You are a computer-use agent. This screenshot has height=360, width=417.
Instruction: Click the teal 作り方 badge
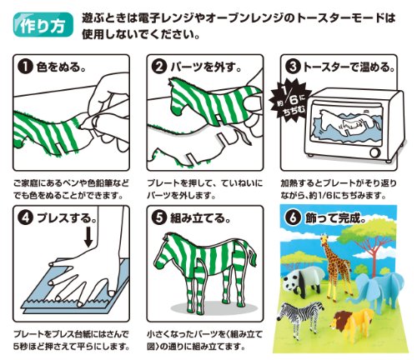coord(43,25)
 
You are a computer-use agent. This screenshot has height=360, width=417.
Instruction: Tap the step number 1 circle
coord(26,67)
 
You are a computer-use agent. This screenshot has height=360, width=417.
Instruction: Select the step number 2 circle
coord(159,67)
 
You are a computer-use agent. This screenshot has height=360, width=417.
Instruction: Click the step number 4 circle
coord(26,218)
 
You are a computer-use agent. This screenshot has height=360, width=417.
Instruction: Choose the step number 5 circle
coord(159,218)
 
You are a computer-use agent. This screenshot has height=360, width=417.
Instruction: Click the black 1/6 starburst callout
coord(289,102)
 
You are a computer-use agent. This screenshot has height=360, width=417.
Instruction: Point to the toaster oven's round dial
coord(374,152)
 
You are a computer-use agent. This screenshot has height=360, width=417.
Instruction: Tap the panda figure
coord(304,280)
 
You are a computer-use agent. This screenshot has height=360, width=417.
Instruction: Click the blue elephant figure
coord(377,290)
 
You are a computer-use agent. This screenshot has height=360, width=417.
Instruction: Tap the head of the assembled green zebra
coord(163,248)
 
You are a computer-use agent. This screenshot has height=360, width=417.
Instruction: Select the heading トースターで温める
coord(349,67)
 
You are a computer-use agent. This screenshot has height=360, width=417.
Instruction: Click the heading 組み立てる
coord(200,218)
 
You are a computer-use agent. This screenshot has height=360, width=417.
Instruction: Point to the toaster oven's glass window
coord(348,124)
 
